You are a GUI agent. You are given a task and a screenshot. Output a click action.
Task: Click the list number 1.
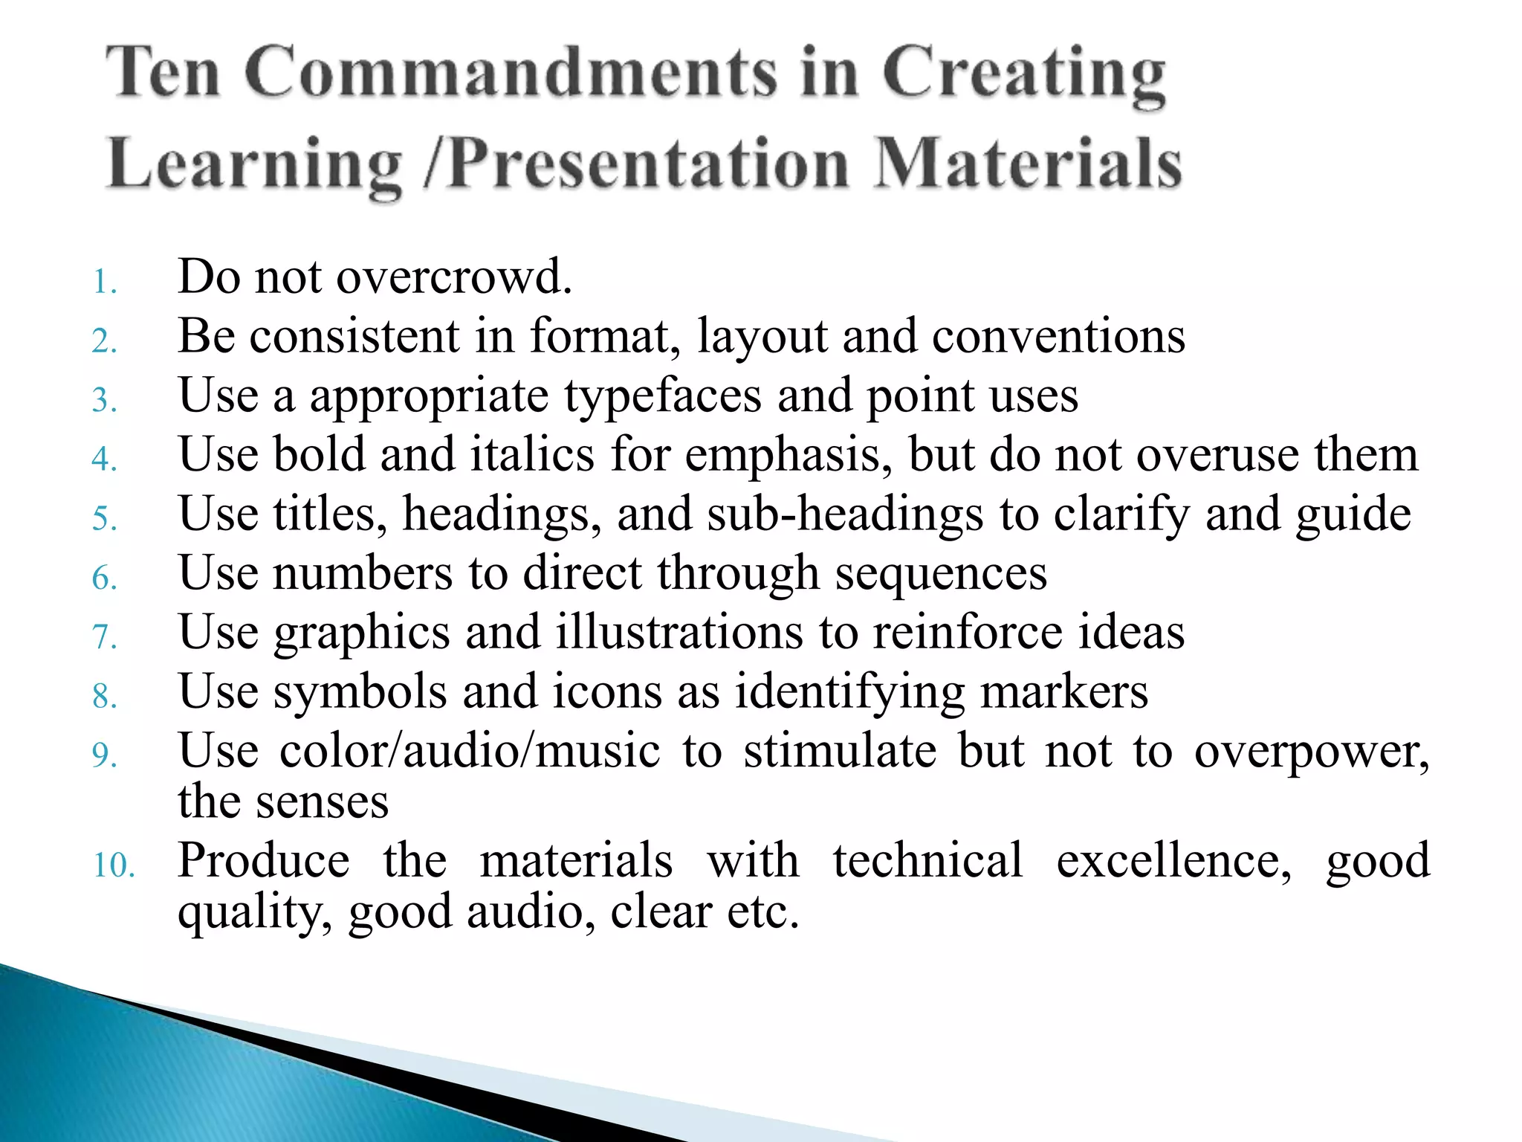coord(105,283)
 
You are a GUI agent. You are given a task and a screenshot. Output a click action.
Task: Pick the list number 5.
coord(105,518)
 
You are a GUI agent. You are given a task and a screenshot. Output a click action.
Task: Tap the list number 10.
coord(114,865)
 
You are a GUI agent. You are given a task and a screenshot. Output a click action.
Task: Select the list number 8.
coord(105,697)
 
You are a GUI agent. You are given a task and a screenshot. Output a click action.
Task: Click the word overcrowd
coord(454,277)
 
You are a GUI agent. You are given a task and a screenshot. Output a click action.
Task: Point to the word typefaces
coord(662,396)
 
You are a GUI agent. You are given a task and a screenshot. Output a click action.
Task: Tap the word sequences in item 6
coord(941,573)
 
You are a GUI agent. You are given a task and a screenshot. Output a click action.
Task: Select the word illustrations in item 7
coord(679,633)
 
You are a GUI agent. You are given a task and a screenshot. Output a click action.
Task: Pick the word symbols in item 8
coord(360,691)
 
